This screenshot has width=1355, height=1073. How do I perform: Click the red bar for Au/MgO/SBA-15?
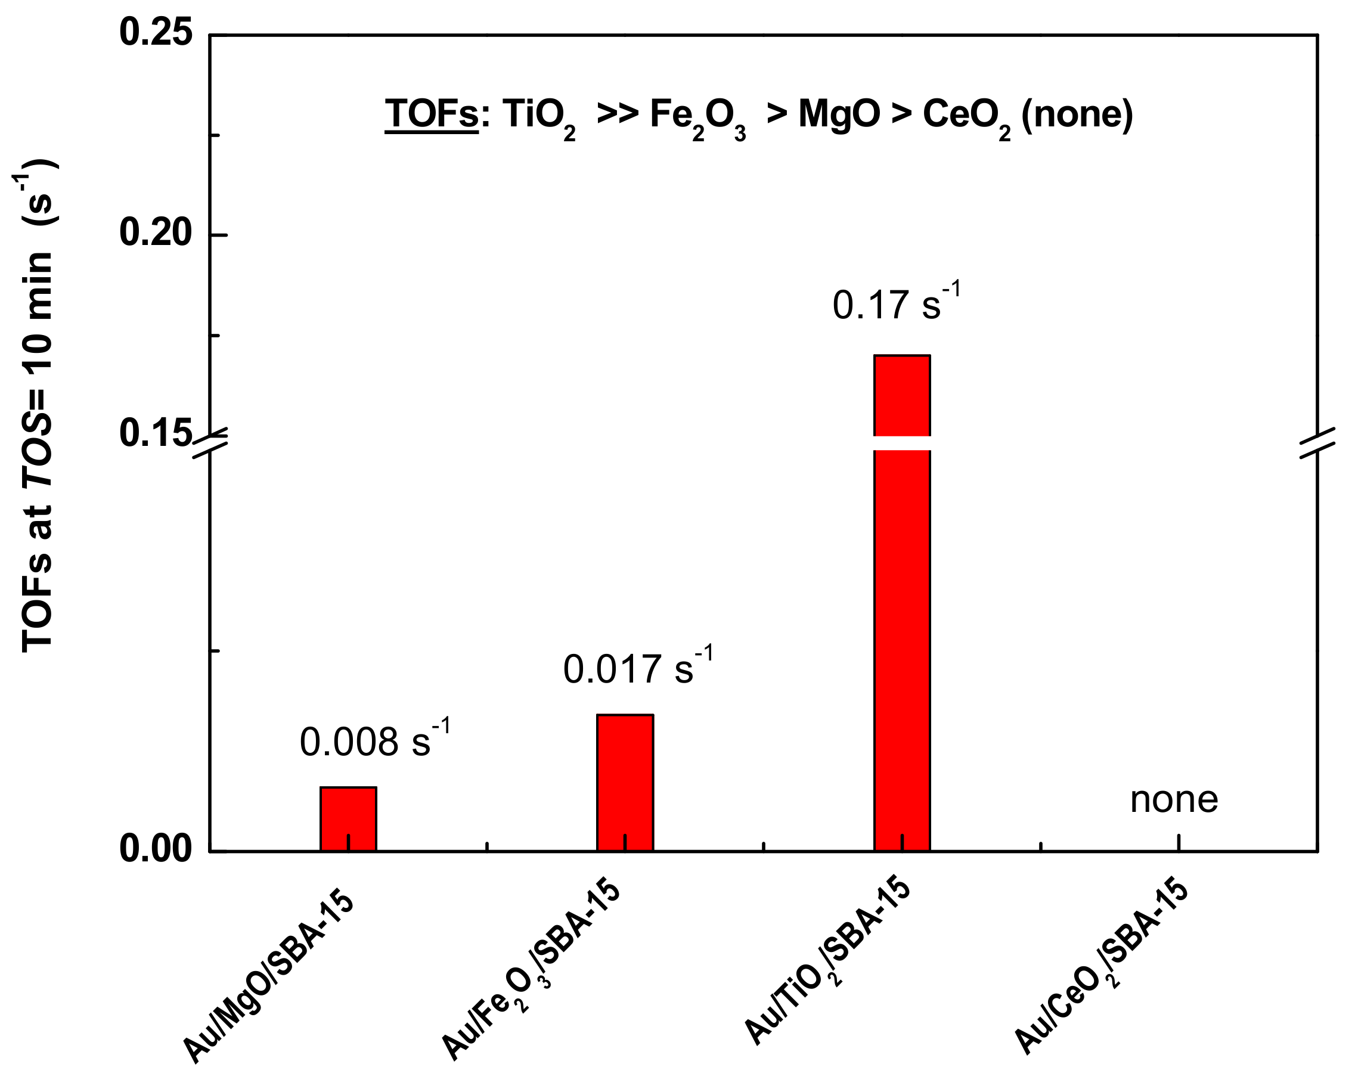click(348, 818)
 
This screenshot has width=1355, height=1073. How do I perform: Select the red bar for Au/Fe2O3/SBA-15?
click(625, 782)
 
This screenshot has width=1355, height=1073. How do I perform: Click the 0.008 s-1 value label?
click(374, 742)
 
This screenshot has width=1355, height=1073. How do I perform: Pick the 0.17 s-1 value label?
click(896, 305)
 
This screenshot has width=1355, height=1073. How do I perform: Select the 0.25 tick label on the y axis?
click(155, 33)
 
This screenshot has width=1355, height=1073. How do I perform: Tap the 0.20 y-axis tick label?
click(155, 233)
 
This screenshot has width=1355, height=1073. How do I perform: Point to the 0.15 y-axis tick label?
click(155, 433)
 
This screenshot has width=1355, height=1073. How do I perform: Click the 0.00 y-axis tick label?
click(155, 849)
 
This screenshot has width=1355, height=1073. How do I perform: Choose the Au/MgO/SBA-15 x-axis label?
click(269, 977)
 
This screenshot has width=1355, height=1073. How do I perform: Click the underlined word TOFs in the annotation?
click(431, 114)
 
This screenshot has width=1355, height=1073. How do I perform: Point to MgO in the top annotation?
click(839, 114)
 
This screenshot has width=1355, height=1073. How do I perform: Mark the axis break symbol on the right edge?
click(1317, 444)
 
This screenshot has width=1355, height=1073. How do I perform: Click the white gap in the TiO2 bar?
click(901, 443)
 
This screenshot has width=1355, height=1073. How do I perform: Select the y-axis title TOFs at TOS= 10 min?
click(38, 405)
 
